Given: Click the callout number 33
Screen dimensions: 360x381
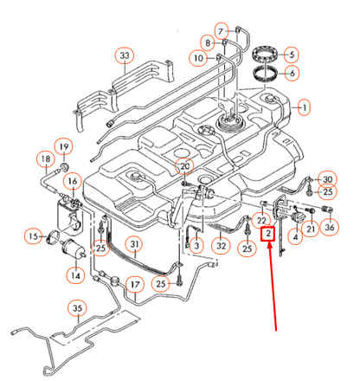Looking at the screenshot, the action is tap(125, 55).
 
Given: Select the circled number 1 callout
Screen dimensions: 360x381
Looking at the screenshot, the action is tap(304, 107).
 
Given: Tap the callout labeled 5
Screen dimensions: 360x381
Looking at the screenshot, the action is tap(292, 55).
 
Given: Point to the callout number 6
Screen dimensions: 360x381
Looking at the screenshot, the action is tap(292, 73).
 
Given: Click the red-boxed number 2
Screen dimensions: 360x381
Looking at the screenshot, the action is tap(268, 234).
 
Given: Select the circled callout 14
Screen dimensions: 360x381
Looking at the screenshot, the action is tap(75, 275).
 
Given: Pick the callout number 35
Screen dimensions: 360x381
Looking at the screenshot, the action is tap(77, 308).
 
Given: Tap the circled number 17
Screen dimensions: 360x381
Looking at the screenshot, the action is tap(135, 285).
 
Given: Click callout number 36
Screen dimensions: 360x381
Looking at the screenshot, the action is tap(330, 227).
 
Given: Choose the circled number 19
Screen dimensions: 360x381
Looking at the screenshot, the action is tap(64, 146).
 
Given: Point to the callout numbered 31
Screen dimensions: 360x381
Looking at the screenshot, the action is tap(134, 244).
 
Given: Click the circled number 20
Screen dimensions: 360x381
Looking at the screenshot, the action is tap(184, 166).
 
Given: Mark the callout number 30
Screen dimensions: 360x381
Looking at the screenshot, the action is tap(327, 179).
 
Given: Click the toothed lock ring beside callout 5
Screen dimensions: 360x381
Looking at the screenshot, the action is tap(265, 54).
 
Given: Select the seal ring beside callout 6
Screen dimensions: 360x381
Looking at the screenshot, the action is tap(266, 74).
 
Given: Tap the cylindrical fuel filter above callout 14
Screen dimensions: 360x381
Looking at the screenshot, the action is tap(74, 249).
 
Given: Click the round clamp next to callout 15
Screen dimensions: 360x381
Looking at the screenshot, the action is tap(53, 236).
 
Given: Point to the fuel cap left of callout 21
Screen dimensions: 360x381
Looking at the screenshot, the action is tap(297, 217).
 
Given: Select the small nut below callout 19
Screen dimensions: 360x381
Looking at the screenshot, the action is tap(65, 166).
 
